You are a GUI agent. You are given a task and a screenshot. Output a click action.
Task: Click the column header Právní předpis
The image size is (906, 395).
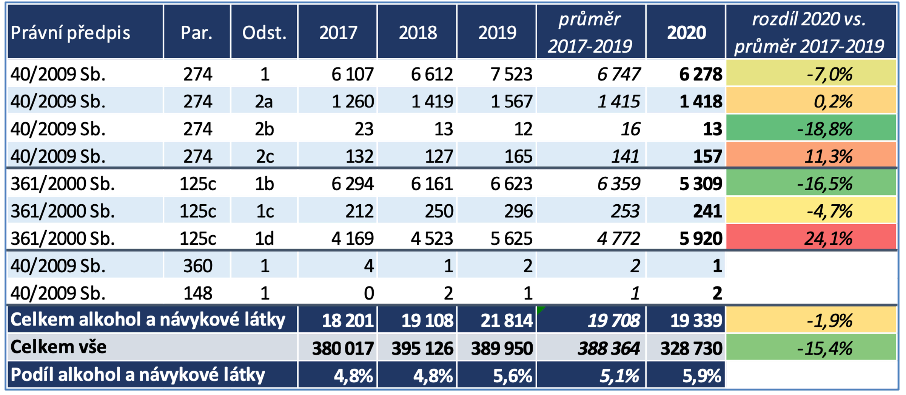70,33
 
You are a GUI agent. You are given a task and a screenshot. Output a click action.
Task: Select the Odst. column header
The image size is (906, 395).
264,33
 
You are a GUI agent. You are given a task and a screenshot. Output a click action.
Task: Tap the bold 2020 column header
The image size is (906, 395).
686,33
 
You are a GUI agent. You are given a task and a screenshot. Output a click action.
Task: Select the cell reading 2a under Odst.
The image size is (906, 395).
264,102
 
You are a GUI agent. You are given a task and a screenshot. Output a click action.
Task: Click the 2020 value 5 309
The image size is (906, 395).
701,184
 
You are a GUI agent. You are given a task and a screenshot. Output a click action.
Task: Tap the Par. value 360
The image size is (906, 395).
197,266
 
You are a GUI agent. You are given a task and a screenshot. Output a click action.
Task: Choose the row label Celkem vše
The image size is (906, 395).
59,347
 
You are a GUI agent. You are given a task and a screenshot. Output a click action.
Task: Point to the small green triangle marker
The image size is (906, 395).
541,310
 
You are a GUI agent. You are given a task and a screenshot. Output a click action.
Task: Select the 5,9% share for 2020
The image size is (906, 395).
702,376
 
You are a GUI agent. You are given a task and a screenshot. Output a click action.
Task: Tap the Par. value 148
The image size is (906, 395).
197,293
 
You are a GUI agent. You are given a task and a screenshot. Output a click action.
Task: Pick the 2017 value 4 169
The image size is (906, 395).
353,238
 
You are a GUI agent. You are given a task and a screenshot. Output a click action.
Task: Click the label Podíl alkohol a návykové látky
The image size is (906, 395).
138,375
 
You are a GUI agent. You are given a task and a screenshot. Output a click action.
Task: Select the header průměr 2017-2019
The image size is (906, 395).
590,33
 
